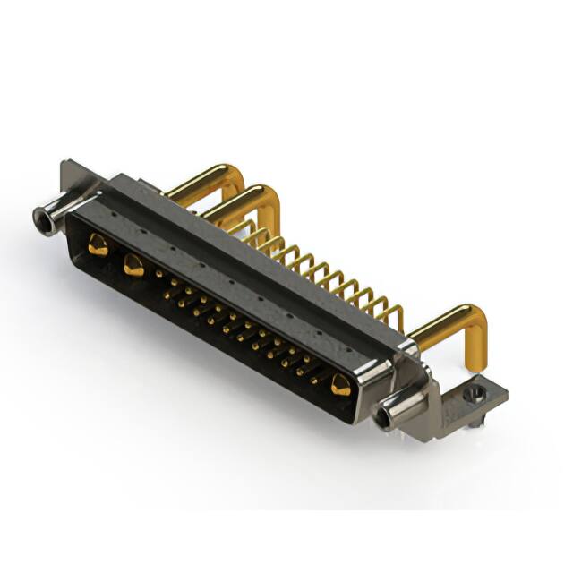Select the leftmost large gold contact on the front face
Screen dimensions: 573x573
coord(98,244)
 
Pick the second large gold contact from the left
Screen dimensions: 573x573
coord(134,264)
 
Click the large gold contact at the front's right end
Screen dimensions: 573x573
coord(340,386)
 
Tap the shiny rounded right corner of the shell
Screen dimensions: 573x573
coord(376,376)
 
